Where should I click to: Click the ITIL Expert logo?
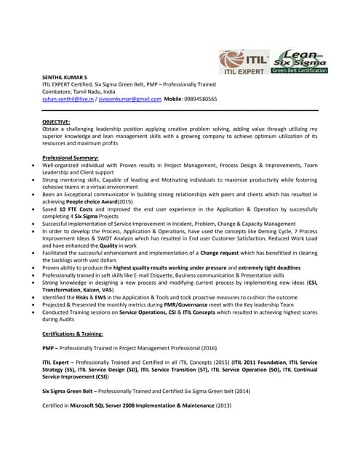pos(245,61)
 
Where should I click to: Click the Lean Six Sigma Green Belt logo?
pos(300,61)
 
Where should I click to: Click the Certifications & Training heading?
pos(73,333)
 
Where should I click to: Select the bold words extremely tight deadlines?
pos(264,267)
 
